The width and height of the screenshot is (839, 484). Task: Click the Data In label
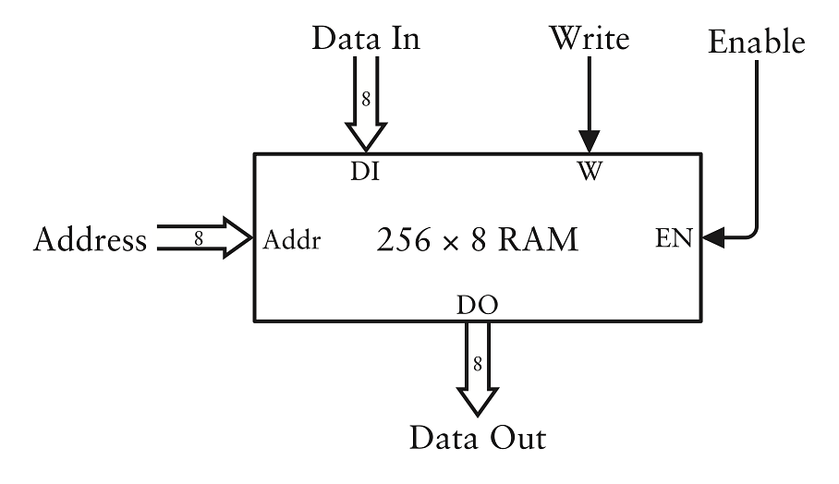click(366, 38)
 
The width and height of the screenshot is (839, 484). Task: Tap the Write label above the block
click(589, 38)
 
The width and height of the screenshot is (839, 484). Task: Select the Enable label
click(756, 42)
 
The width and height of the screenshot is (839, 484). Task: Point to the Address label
click(90, 240)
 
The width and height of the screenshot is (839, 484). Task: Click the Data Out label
click(478, 436)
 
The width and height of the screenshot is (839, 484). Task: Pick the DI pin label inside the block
click(365, 173)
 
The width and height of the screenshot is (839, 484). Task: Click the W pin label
click(589, 173)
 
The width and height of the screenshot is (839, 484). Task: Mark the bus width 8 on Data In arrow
click(366, 99)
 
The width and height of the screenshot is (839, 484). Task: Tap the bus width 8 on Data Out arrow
click(478, 363)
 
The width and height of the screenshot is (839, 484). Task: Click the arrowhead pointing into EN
click(712, 239)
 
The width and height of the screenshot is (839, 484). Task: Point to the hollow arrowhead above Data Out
click(478, 400)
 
